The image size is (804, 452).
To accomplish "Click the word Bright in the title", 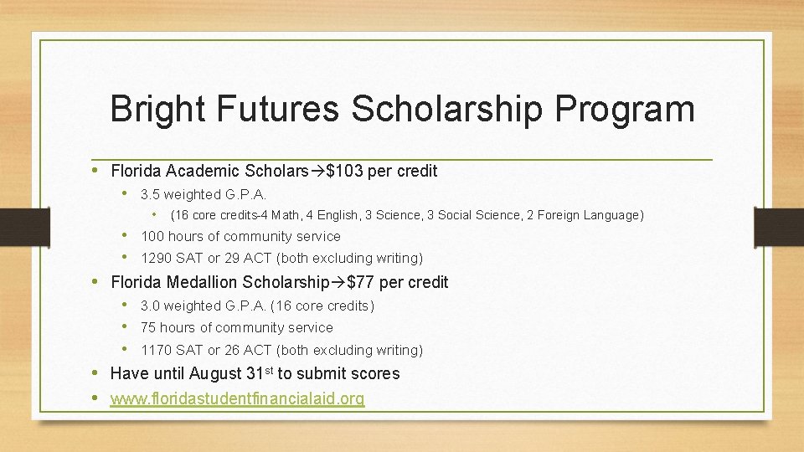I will (x=161, y=110).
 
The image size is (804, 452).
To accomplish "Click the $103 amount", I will (x=345, y=172).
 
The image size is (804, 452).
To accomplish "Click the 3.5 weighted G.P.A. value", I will (x=151, y=194).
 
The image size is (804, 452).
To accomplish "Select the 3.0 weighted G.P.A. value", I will (x=151, y=306).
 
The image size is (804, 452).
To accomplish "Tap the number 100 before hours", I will (x=152, y=237).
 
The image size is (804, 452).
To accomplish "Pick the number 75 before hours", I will (x=148, y=328).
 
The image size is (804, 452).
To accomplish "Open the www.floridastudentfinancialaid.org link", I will (x=237, y=399).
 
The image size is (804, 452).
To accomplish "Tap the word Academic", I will (x=204, y=172).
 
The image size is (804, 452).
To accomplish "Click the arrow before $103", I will (x=317, y=172).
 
